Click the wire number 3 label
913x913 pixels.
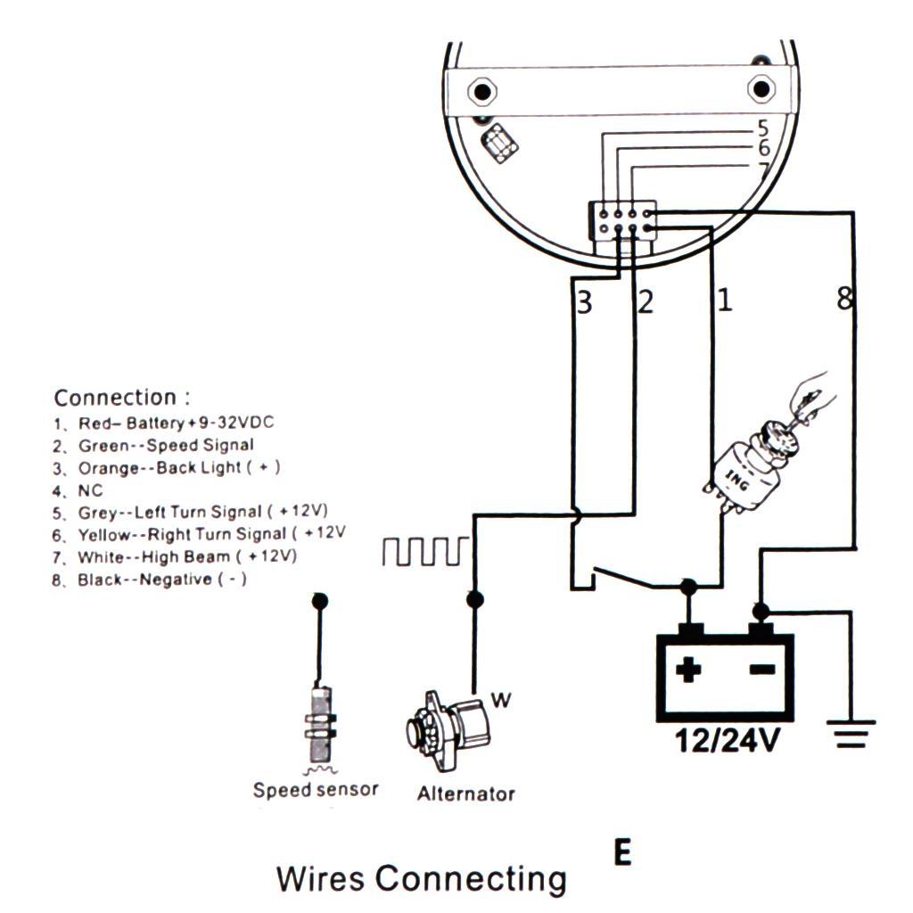[584, 303]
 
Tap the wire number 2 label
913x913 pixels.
[646, 302]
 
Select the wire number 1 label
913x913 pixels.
[724, 300]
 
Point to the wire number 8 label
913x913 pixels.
[843, 300]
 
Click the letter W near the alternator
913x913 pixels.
[501, 701]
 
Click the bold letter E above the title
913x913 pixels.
[622, 853]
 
